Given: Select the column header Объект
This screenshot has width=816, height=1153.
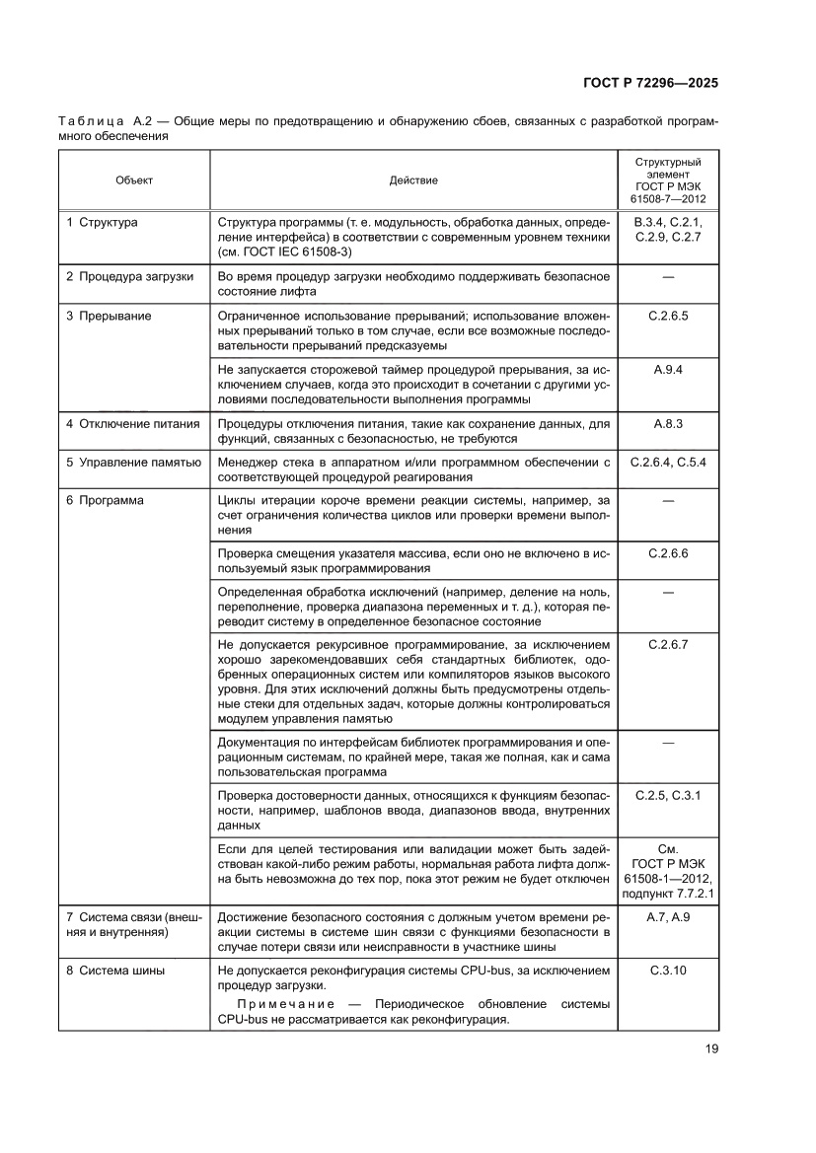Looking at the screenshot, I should coord(134,180).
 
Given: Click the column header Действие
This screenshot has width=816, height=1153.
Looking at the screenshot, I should coord(413,180).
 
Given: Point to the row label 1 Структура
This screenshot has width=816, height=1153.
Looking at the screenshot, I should coord(102,223).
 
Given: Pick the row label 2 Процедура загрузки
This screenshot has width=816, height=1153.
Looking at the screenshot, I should coord(129,276).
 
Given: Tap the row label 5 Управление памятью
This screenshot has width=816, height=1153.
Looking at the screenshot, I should coord(133,462).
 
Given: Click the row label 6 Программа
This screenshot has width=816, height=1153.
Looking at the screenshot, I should coord(105,500).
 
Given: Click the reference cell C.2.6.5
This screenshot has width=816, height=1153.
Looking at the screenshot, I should coord(668,316).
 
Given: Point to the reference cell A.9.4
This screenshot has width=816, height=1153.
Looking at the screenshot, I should coord(668,369).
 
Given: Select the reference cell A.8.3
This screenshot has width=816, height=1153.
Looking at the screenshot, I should coord(668,422).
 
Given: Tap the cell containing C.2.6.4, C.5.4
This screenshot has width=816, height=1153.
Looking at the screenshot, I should coord(668,462).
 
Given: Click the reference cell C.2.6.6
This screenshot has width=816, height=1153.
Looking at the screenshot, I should coord(668,553).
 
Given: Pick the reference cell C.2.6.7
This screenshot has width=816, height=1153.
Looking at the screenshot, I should coord(668,644).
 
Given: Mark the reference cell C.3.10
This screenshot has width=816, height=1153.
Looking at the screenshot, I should coord(668,970).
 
